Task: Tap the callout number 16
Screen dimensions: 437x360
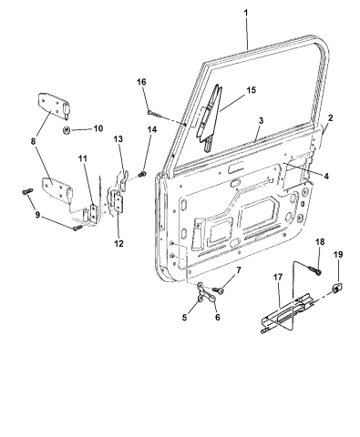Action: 141,82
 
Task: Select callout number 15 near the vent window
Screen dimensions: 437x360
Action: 251,89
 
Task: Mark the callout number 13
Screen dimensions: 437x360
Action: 118,139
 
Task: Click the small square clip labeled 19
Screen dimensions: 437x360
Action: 336,288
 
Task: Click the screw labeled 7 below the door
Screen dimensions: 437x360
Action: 220,290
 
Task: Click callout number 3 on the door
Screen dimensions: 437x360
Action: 261,120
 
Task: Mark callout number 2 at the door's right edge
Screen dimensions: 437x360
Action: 330,118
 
